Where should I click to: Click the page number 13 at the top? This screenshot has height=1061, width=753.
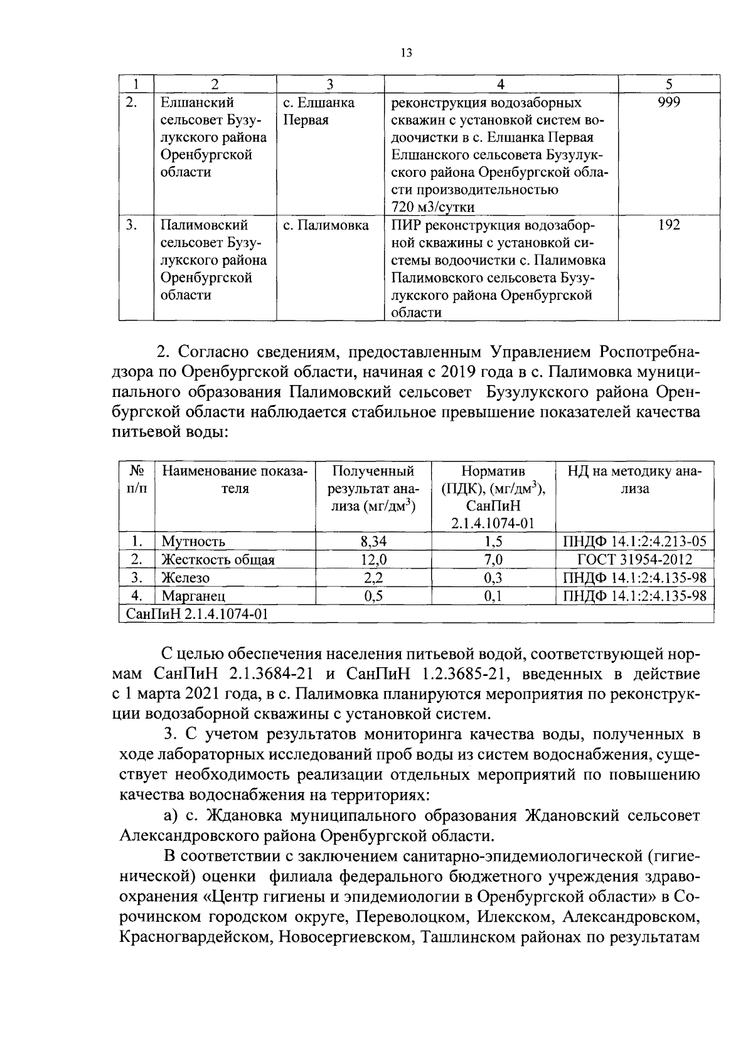[x=405, y=53]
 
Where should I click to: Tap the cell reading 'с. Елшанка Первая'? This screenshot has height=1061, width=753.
[x=319, y=111]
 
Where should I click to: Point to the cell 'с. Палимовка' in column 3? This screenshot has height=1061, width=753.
[x=326, y=225]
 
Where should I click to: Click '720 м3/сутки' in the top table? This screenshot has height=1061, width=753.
[x=433, y=207]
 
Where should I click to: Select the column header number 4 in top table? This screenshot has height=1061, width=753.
[x=501, y=84]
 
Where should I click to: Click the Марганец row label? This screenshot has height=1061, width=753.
[x=193, y=596]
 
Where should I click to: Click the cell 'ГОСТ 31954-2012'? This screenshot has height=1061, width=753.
[x=634, y=560]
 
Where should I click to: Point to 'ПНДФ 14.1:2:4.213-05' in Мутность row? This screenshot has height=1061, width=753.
[x=634, y=542]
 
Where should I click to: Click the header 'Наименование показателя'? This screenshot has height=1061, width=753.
[x=235, y=480]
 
